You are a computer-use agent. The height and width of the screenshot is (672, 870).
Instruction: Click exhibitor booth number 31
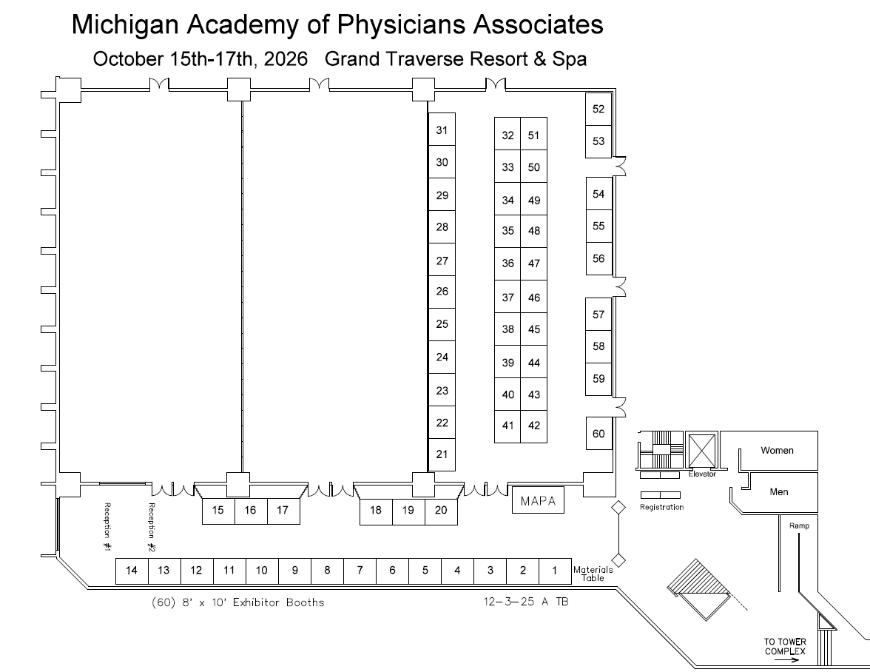click(442, 130)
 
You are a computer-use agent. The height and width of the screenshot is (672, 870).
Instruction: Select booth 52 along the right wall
click(598, 109)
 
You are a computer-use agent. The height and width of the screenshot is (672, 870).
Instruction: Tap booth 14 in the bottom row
click(132, 571)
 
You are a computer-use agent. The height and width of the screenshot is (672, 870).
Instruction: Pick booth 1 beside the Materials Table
click(555, 571)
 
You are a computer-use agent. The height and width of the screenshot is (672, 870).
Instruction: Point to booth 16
click(251, 510)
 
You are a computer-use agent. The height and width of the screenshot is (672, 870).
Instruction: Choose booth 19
click(408, 510)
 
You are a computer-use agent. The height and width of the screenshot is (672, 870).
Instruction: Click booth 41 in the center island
click(507, 426)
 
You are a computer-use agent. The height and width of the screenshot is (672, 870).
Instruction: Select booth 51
click(533, 135)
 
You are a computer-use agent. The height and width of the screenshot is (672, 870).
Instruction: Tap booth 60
click(598, 434)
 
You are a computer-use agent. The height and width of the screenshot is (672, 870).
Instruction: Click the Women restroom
click(777, 450)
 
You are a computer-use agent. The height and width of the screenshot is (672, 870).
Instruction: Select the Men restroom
click(779, 491)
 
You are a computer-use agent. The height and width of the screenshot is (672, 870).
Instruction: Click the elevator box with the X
click(700, 450)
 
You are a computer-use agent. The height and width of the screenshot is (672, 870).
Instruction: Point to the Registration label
click(661, 507)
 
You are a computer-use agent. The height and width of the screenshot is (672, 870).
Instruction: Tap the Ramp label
click(799, 525)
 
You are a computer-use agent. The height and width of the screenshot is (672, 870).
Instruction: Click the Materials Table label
click(593, 574)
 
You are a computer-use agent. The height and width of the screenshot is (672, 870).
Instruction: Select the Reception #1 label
click(107, 528)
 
